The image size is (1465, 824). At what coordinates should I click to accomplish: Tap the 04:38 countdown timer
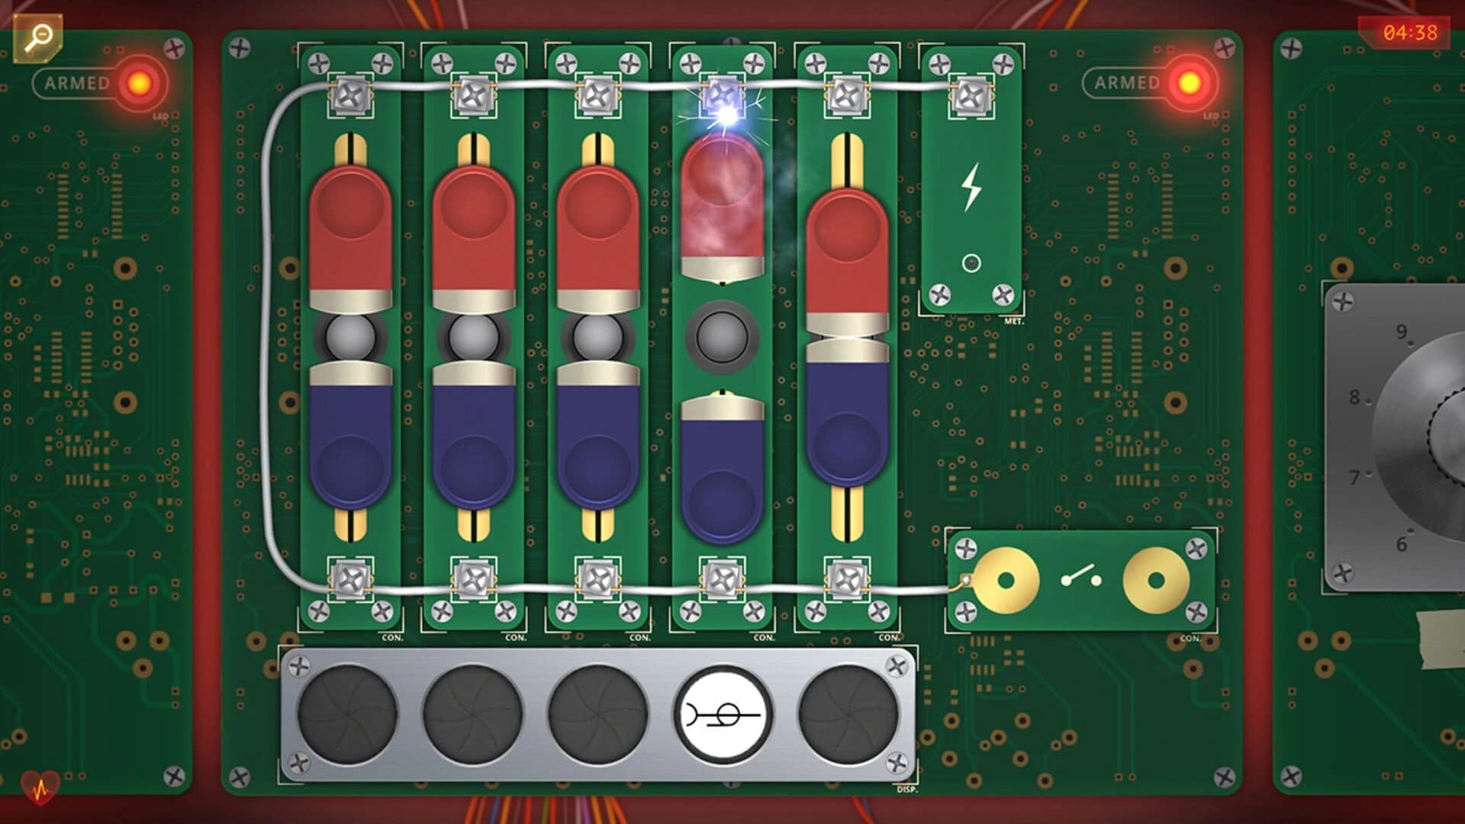(1409, 33)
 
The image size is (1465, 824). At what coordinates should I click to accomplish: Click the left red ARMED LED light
(140, 83)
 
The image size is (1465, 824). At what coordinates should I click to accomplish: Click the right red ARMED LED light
(1189, 83)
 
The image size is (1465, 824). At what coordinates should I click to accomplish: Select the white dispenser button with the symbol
(723, 715)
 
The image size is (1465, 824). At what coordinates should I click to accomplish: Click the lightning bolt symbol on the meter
(971, 187)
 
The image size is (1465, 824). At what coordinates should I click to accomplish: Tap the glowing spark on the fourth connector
(725, 115)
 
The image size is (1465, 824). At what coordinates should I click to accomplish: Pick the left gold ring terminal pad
(1006, 581)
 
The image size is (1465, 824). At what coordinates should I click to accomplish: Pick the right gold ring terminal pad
(1156, 581)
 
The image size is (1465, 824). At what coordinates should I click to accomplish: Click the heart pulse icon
(40, 787)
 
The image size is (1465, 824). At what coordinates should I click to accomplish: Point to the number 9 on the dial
(1402, 332)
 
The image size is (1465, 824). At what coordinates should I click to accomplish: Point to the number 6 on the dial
(1402, 544)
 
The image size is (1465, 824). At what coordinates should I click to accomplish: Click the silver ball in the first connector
(350, 336)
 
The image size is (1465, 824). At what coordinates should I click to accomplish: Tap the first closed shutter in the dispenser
(347, 715)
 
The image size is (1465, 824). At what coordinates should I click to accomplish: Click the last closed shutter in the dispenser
(848, 715)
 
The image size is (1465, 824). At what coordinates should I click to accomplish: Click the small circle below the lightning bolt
(971, 263)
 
